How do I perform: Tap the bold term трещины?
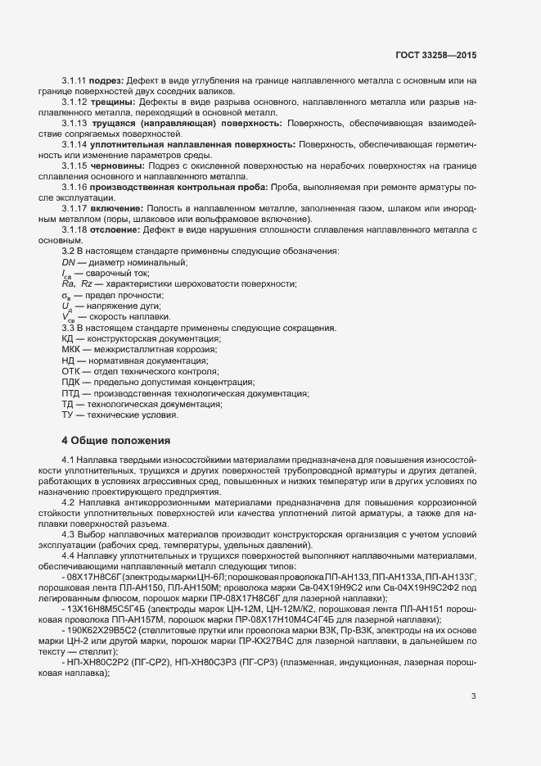click(112, 102)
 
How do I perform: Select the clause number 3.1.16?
click(74, 187)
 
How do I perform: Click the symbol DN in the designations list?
click(68, 261)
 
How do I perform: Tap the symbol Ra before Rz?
click(68, 283)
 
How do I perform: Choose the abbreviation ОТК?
click(70, 370)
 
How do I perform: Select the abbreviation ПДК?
click(71, 381)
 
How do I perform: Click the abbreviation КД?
click(68, 338)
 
